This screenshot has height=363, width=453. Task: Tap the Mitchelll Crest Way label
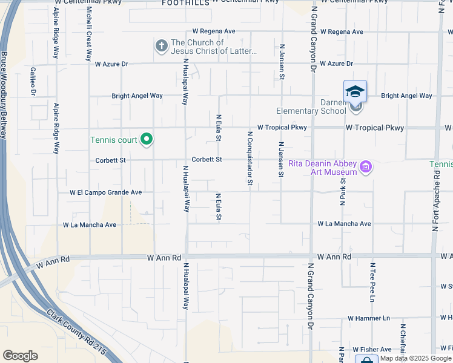click(89, 34)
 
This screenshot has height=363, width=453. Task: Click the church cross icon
click(161, 46)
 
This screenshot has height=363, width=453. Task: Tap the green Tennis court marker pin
click(146, 140)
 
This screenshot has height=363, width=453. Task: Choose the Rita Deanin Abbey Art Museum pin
click(366, 166)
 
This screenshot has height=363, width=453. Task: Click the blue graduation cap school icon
click(355, 91)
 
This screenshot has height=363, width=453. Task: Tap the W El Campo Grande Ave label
click(105, 192)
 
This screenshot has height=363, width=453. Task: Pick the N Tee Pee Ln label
click(372, 282)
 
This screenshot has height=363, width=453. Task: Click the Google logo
click(20, 356)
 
